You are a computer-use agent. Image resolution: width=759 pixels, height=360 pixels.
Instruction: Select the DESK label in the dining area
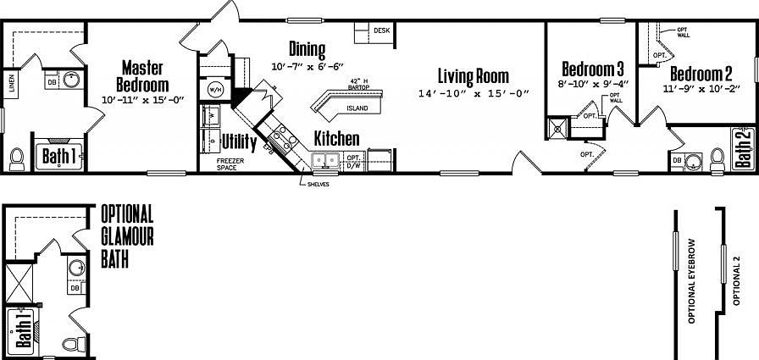tap(382, 31)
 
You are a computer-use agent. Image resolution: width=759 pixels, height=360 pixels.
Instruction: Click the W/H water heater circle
tap(214, 89)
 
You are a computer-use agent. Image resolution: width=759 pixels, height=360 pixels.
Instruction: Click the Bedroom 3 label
tap(593, 69)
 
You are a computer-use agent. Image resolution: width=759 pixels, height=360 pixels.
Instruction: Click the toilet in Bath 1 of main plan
tap(15, 158)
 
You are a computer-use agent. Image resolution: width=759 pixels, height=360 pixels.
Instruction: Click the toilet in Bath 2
tap(717, 158)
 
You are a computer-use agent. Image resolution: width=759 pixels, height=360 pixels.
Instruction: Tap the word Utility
tap(239, 141)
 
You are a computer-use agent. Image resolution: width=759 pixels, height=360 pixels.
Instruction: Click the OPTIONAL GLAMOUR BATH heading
tap(127, 235)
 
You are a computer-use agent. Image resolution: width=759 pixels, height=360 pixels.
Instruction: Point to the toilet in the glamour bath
tap(75, 343)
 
